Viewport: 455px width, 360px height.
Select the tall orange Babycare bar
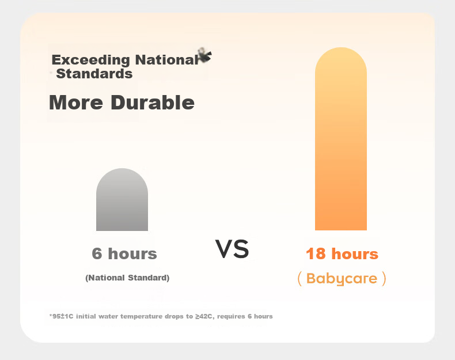(341, 139)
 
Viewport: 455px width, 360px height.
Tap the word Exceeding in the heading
(90, 60)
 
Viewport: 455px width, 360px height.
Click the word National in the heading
(167, 60)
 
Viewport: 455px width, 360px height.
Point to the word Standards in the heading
(94, 74)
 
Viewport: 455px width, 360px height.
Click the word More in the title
(76, 103)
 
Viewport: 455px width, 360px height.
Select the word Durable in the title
(153, 102)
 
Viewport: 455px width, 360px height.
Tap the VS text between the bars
(232, 249)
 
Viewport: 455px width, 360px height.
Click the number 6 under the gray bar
(97, 253)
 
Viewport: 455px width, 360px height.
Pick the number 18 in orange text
(316, 253)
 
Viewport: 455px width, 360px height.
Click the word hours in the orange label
(355, 253)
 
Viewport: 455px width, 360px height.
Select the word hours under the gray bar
(132, 253)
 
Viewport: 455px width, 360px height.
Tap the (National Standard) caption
(127, 278)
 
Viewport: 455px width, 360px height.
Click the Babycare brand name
(342, 278)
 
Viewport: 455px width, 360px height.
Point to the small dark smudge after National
(205, 55)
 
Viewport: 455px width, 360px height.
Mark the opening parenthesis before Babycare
(300, 278)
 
